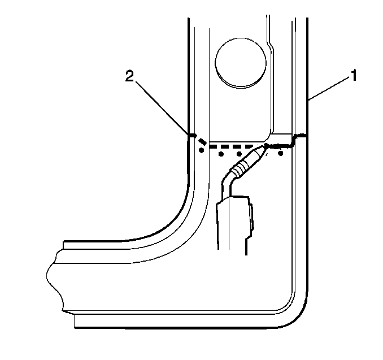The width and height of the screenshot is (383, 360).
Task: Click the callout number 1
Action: (x=354, y=75)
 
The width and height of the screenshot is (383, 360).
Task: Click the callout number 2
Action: (x=129, y=76)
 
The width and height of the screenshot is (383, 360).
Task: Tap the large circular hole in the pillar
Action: (x=241, y=63)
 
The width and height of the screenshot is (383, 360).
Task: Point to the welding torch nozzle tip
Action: (x=264, y=146)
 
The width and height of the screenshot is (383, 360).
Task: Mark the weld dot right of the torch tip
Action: (x=281, y=153)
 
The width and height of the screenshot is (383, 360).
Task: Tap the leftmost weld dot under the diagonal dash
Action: (x=201, y=150)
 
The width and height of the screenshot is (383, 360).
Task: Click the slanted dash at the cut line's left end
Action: (x=202, y=141)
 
